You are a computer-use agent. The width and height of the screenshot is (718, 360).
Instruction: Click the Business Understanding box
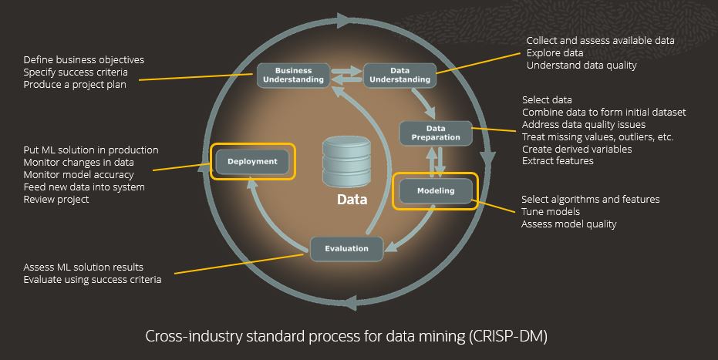[293, 75]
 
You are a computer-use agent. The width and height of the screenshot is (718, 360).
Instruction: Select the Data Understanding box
[398, 75]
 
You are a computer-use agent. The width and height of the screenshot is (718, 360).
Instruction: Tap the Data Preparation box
[435, 133]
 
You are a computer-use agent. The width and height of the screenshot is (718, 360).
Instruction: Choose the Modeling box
[436, 190]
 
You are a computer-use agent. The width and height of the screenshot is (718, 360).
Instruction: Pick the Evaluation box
[346, 248]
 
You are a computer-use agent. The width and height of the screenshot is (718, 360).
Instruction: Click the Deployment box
[252, 162]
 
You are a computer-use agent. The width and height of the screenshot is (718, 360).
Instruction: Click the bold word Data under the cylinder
[352, 200]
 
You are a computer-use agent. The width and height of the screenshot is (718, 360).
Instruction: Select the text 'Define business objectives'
[83, 59]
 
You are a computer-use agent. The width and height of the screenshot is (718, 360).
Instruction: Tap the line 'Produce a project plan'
[75, 86]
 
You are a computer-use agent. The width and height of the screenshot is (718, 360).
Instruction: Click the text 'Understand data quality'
[581, 66]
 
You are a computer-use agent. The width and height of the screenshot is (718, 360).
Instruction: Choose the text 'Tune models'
[551, 212]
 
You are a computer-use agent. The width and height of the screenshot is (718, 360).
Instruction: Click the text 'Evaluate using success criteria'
[93, 280]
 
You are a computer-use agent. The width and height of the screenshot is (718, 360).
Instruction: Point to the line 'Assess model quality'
[569, 224]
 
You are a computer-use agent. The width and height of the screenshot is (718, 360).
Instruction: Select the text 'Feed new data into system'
[84, 187]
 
